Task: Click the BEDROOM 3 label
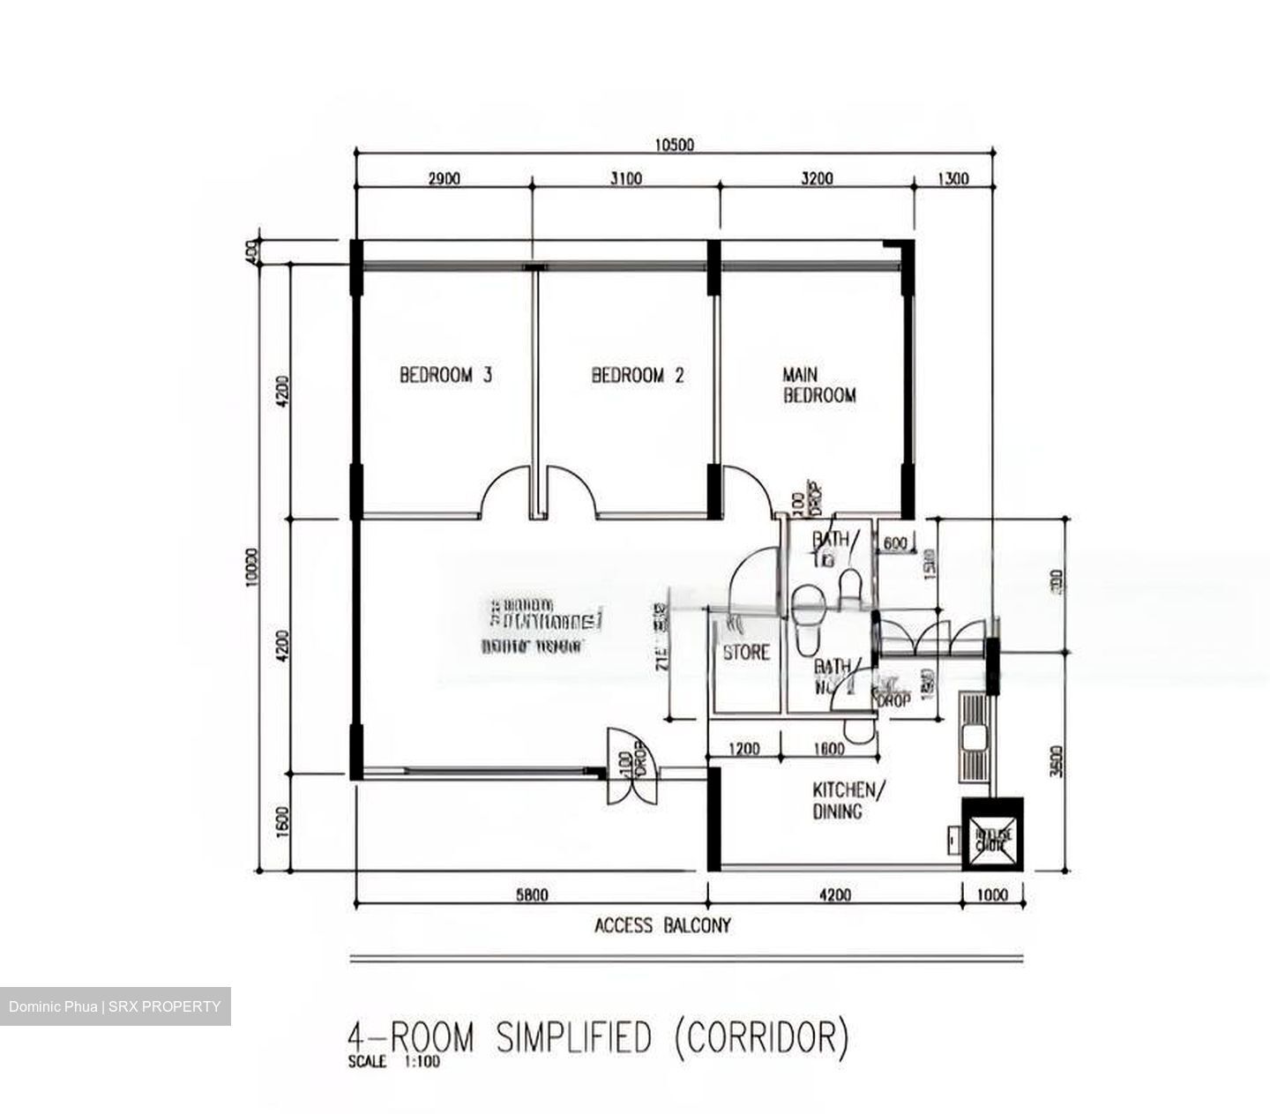click(445, 375)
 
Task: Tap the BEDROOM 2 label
click(637, 375)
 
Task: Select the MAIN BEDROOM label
click(818, 385)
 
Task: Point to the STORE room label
click(746, 653)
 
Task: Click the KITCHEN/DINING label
click(843, 800)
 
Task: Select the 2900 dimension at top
click(444, 179)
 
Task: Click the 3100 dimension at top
click(625, 179)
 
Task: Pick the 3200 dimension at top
click(816, 179)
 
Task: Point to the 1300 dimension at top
click(952, 179)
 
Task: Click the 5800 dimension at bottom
click(531, 895)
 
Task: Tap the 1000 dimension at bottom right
click(992, 895)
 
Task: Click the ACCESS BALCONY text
click(662, 925)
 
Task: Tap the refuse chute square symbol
click(992, 834)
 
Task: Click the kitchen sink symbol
click(975, 736)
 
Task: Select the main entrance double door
click(630, 766)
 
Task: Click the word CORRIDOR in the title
click(760, 1037)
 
